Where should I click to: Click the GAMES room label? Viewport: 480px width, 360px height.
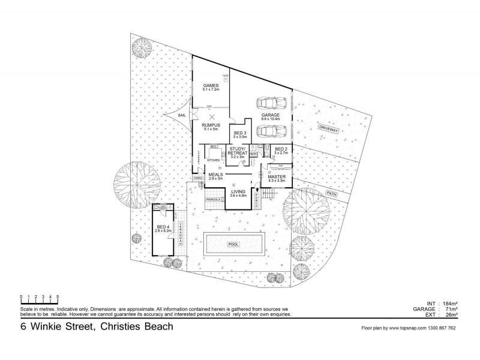pos(211,86)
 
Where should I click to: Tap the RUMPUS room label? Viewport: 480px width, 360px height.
pos(212,124)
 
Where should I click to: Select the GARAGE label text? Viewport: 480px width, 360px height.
pos(271,116)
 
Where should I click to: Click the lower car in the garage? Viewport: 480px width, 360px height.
pos(270,130)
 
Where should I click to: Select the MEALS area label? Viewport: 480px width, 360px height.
pos(215,175)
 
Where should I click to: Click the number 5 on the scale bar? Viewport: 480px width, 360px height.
pos(58,296)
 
